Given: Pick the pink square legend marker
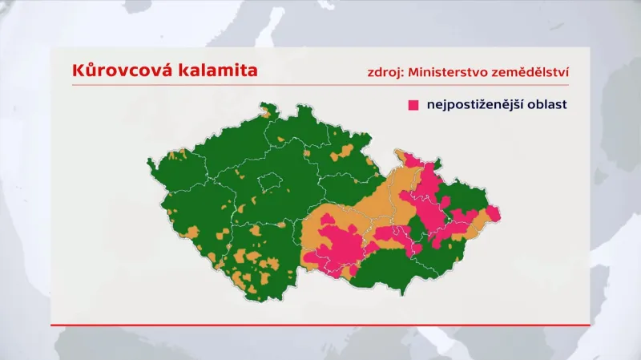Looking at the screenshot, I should (x=414, y=105).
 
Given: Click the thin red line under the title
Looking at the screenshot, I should (x=320, y=85).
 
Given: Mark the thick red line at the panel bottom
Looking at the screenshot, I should (x=320, y=325).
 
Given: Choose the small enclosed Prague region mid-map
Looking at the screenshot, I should (x=269, y=184).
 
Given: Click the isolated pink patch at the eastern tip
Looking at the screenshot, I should (x=493, y=213).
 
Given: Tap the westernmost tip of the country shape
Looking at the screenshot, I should (x=148, y=164).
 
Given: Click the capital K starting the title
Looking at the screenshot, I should (x=78, y=71).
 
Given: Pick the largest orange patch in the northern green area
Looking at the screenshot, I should (x=346, y=151).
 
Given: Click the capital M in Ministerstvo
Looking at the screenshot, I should (x=414, y=72).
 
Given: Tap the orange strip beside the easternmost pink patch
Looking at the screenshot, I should (x=479, y=222).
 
